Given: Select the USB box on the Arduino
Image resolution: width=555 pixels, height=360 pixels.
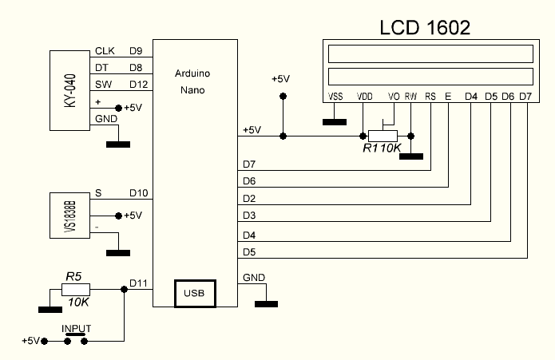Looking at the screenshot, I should tap(193, 294).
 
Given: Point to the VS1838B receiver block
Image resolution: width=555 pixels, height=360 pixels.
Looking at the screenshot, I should tap(69, 216).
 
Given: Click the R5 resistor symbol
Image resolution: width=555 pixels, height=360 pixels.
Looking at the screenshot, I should tap(75, 291).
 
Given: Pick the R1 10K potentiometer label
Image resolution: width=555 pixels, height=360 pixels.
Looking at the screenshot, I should tap(380, 148).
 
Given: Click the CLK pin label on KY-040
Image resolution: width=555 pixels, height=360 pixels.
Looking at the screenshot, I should tap(105, 52).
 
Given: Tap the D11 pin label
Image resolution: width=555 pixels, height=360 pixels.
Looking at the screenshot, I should tap(138, 283).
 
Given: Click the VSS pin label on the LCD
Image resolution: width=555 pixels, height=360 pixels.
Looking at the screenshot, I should tap(335, 97).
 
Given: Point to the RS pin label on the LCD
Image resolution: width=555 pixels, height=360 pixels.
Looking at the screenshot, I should tap(430, 97).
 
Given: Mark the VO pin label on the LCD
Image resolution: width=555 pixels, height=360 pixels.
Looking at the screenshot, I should tap(393, 97).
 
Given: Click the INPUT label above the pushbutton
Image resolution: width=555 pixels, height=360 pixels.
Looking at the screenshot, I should tap(77, 328).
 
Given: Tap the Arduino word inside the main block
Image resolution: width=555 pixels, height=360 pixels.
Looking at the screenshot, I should tap(192, 73).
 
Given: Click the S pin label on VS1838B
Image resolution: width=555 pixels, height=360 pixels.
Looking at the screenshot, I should tap(98, 192).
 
